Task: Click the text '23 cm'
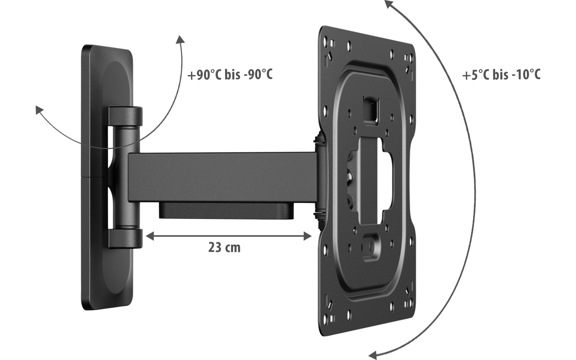[x=224, y=248]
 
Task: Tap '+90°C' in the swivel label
[x=204, y=75]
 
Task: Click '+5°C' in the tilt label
[x=476, y=75]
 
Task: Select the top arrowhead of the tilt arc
[x=388, y=4]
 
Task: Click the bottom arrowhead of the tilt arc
[x=373, y=355]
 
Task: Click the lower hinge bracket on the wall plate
[x=125, y=239]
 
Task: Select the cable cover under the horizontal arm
[x=226, y=211]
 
